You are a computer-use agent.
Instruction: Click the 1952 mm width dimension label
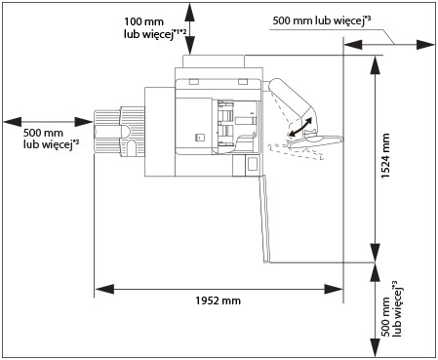point(218,300)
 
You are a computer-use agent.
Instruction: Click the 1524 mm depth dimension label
point(385,155)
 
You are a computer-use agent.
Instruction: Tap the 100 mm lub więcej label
point(155,28)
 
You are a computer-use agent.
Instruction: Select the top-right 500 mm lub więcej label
point(322,20)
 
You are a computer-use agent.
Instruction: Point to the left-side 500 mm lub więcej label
point(51,139)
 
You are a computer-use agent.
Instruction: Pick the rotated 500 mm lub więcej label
point(391,308)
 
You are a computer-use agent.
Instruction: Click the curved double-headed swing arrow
point(300,127)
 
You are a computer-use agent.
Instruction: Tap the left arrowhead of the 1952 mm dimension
point(104,289)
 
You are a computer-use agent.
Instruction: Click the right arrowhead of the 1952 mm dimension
point(334,289)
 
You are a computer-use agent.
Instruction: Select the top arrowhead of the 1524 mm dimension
point(376,65)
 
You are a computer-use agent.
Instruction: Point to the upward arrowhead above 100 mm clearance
point(190,13)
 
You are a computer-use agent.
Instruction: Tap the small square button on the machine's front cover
point(200,138)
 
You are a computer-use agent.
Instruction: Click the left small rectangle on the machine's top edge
point(193,82)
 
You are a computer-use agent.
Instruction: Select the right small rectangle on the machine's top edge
point(243,82)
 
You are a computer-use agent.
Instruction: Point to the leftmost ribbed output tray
point(106,132)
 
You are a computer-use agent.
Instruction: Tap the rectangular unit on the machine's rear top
point(214,61)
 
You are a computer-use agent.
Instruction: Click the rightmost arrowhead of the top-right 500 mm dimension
point(425,45)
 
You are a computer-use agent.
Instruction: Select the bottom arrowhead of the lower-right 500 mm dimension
point(376,348)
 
